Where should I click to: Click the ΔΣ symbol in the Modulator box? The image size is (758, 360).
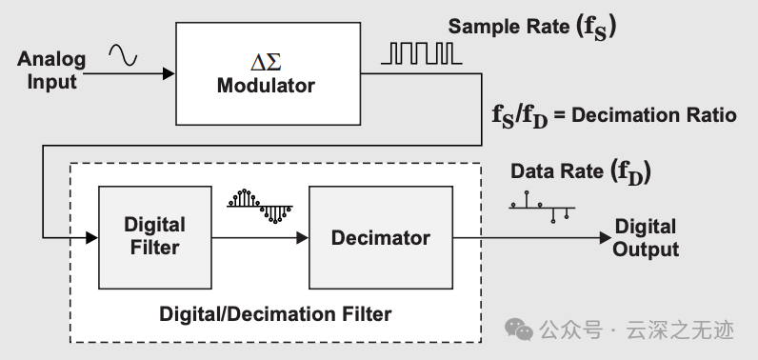(266, 62)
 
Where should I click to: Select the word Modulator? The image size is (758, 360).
(266, 86)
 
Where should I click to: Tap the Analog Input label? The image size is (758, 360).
(51, 70)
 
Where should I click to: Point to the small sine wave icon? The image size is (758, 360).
(123, 54)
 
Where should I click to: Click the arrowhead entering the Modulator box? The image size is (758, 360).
(169, 73)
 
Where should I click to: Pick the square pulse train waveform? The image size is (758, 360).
(421, 53)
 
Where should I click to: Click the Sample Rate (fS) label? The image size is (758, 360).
(532, 27)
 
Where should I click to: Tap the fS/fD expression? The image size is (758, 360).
(520, 116)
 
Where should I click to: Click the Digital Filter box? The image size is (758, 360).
(154, 237)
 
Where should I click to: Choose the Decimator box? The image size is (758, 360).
(381, 237)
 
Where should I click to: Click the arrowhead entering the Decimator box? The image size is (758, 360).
(303, 237)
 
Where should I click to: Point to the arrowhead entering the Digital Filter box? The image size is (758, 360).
(91, 237)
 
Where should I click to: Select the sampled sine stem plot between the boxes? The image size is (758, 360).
(260, 206)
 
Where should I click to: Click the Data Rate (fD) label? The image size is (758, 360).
(581, 172)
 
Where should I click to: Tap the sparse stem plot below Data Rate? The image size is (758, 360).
(542, 208)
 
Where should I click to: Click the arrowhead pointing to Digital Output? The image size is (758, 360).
(606, 237)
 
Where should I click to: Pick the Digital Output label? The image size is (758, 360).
(646, 238)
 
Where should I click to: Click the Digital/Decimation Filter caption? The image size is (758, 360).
(275, 314)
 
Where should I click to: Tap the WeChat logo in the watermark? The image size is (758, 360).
(519, 330)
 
